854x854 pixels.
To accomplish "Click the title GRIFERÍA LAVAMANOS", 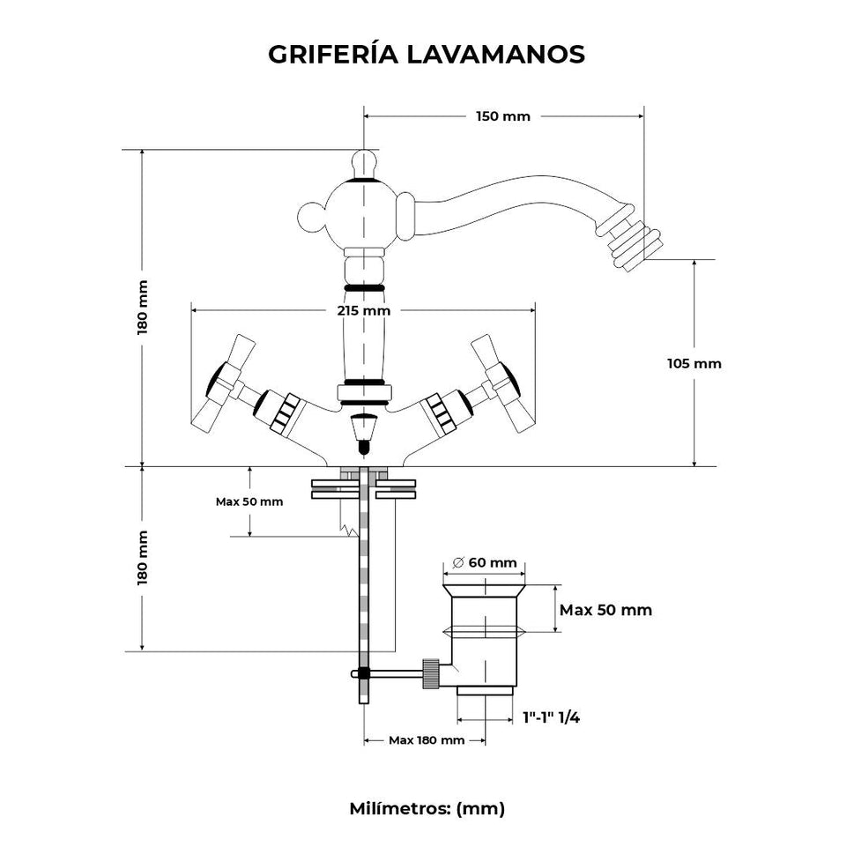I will pos(427,54).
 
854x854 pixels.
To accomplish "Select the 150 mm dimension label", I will pos(503,116).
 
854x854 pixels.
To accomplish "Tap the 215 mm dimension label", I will pos(363,310).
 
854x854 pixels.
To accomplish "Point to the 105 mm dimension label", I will pos(694,363).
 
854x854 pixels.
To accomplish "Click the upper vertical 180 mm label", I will pos(142,306).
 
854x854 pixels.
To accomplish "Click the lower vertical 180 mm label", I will pos(142,558).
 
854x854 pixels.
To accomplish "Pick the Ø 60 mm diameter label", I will pos(483,562).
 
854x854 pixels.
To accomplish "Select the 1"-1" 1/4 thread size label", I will pos(550,717).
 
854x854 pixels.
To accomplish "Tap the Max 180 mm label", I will pos(427,740).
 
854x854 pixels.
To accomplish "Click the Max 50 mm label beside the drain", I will pos(605,610).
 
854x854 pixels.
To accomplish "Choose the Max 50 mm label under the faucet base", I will pos(249,501).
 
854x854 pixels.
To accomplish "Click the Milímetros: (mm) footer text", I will pos(427,807).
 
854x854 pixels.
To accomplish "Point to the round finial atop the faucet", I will pos(363,162).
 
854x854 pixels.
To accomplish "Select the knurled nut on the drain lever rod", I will pos(430,673).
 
